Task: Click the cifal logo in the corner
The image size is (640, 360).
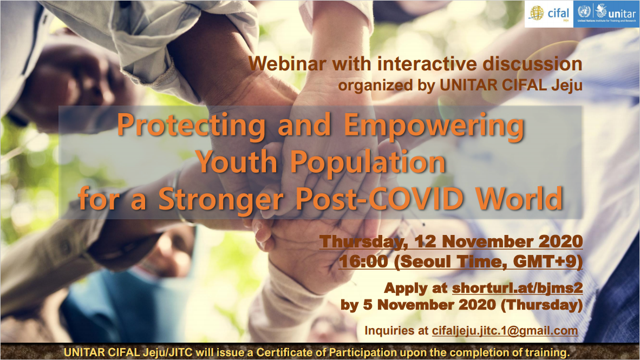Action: (549, 14)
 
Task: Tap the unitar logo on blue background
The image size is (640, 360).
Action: (606, 14)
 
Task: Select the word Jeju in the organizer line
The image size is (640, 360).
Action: (566, 86)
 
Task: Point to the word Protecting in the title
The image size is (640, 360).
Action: (192, 125)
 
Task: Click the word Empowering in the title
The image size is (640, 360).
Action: (434, 125)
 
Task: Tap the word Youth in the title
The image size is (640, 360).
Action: (238, 162)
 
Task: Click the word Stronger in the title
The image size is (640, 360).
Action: (221, 200)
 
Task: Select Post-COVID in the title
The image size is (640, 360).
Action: (380, 199)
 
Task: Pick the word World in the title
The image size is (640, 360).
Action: (520, 199)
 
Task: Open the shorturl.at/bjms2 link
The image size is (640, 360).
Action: (517, 288)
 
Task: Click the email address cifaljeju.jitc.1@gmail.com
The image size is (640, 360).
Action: (505, 331)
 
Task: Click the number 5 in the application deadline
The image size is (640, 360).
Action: (367, 305)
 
